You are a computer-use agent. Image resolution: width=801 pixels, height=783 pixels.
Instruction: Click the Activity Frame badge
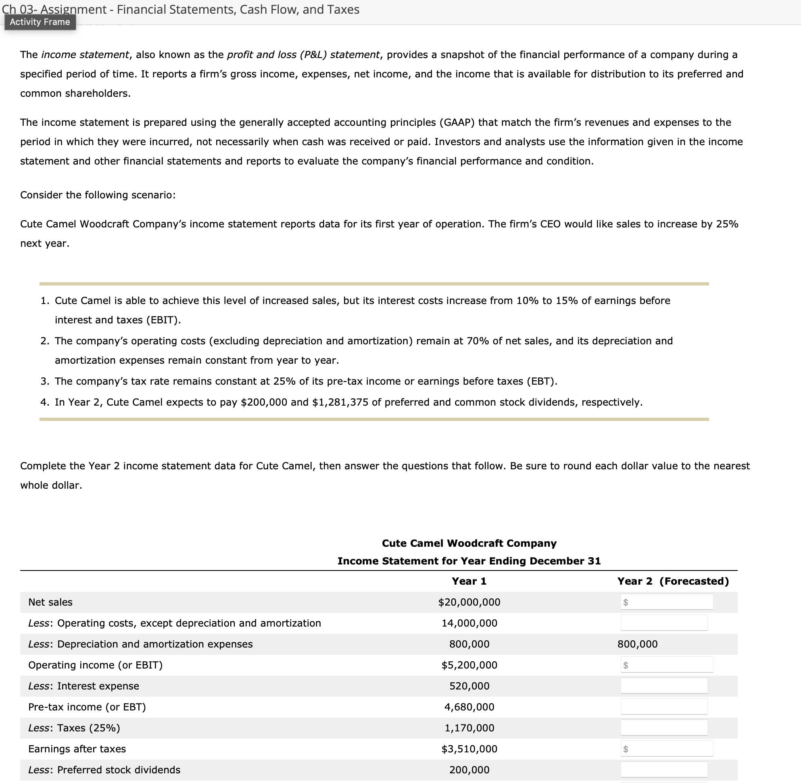click(x=40, y=22)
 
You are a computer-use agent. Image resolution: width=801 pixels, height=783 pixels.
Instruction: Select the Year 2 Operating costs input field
click(x=663, y=623)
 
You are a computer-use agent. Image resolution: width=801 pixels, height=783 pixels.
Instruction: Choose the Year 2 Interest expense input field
click(x=663, y=686)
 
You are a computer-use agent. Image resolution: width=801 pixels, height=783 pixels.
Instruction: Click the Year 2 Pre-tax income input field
click(x=663, y=707)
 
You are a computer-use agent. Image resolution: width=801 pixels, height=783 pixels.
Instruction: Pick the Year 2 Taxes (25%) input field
click(x=663, y=728)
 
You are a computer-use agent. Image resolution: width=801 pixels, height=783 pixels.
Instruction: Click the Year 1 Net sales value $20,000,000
click(x=469, y=602)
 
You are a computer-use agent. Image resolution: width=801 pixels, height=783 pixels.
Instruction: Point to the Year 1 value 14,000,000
click(x=469, y=623)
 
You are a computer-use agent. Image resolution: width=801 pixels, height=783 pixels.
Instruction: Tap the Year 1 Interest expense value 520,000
click(x=469, y=686)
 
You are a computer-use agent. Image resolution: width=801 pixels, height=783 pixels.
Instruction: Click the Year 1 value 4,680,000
click(x=469, y=707)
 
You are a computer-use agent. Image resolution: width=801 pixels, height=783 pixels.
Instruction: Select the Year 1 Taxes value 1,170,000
click(x=469, y=728)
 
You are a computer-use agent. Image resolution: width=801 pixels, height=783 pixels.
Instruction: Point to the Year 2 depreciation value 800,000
click(x=637, y=644)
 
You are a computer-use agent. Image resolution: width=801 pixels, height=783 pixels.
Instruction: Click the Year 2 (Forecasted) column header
click(x=673, y=581)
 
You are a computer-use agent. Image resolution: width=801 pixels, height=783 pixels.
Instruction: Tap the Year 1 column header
click(x=469, y=581)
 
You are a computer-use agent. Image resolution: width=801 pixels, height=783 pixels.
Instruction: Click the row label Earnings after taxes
click(x=77, y=749)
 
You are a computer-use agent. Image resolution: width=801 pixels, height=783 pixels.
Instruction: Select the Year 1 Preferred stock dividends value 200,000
click(x=469, y=770)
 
